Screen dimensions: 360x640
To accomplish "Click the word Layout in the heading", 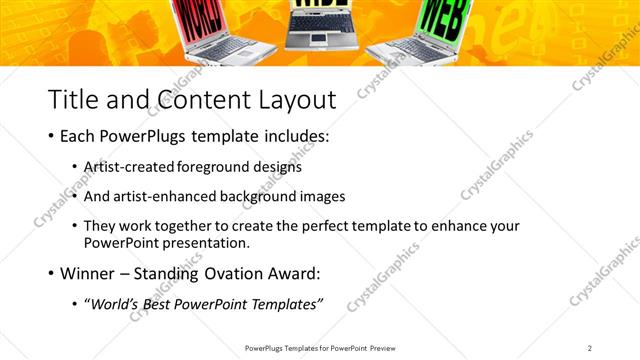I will [297, 99].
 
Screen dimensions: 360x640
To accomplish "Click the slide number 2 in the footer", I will [590, 347].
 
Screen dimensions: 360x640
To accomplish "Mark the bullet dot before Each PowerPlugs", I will [51, 135].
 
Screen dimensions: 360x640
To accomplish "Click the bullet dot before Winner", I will [51, 273].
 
